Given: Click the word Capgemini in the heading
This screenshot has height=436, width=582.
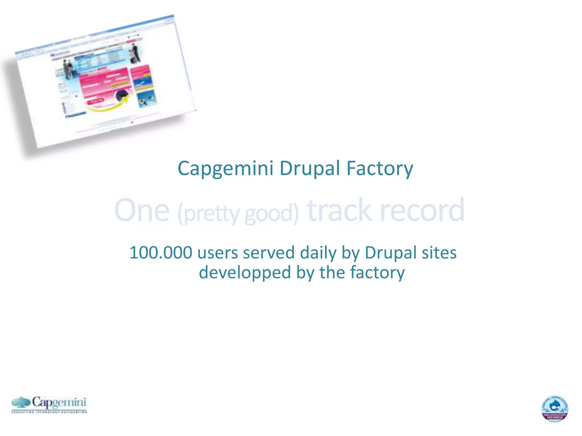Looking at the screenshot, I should pyautogui.click(x=225, y=168).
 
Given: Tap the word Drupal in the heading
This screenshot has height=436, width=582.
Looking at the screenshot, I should pyautogui.click(x=310, y=168).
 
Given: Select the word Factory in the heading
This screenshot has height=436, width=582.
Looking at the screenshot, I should pyautogui.click(x=380, y=168).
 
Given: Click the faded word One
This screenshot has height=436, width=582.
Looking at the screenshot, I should pyautogui.click(x=142, y=210).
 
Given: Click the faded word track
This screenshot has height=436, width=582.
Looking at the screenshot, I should pyautogui.click(x=339, y=210).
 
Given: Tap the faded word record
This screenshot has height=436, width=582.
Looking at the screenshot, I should pyautogui.click(x=422, y=210).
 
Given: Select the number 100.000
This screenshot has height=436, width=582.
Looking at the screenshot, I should pyautogui.click(x=161, y=253).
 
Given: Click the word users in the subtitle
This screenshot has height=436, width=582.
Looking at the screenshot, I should pyautogui.click(x=218, y=253).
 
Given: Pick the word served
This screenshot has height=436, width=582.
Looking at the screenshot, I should pyautogui.click(x=269, y=253).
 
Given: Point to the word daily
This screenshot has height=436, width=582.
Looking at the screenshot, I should pyautogui.click(x=318, y=253).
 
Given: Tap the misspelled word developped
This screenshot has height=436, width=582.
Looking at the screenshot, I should pyautogui.click(x=245, y=272).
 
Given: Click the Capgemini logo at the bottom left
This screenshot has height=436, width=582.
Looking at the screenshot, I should pyautogui.click(x=49, y=404).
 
